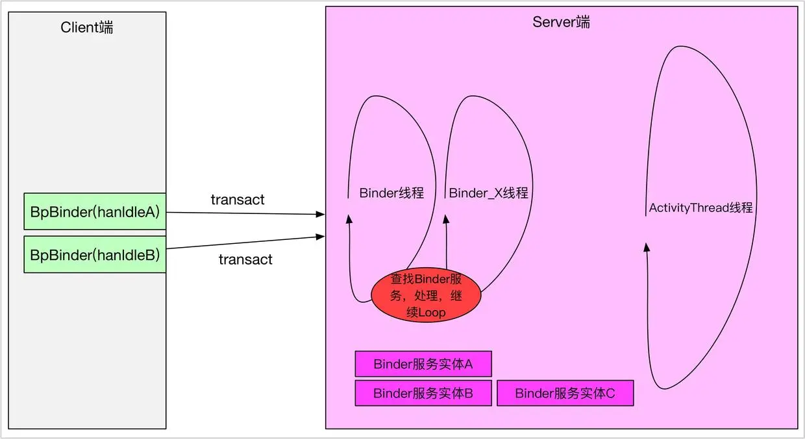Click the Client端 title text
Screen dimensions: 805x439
tap(86, 27)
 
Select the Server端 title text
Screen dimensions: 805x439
tap(561, 22)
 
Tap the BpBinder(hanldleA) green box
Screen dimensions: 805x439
tap(95, 211)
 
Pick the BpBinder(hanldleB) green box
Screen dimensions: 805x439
tap(95, 254)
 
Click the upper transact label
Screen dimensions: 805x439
tap(238, 200)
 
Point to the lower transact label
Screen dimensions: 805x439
tap(245, 259)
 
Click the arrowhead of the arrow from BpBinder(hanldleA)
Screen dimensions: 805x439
tap(321, 214)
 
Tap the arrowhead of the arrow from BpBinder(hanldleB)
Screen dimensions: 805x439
tap(321, 237)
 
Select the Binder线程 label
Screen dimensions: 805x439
tap(391, 193)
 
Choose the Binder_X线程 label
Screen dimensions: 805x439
tap(488, 193)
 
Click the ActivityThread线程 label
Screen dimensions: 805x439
tap(700, 208)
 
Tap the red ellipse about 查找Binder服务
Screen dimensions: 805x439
tap(426, 295)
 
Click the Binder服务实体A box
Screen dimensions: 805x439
tap(423, 364)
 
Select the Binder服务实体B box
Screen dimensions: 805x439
tap(423, 393)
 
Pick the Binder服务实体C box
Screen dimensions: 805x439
tap(565, 393)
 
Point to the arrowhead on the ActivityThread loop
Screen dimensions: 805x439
tap(647, 247)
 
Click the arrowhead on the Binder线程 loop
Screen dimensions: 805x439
tap(349, 219)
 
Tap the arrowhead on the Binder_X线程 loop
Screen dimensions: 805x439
tap(446, 219)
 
